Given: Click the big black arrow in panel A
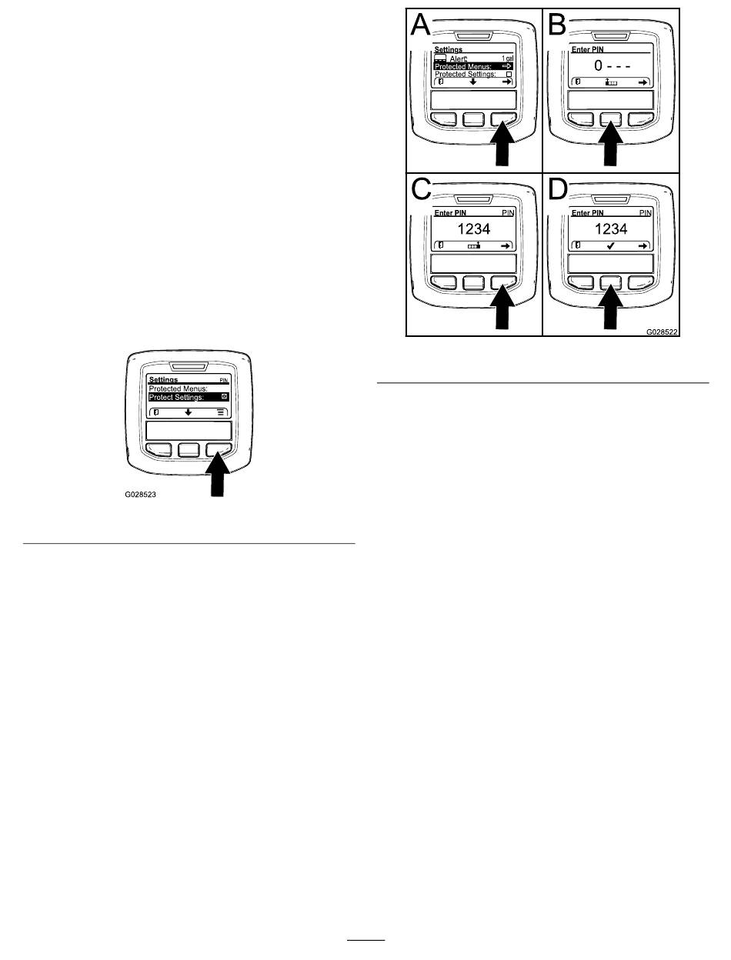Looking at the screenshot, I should click(x=502, y=143).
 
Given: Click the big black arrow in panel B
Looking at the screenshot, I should click(x=613, y=143).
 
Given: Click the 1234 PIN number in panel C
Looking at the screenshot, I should click(x=474, y=228).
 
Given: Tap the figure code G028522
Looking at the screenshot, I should click(x=663, y=332).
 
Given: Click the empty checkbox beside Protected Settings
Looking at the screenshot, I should click(x=509, y=74).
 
